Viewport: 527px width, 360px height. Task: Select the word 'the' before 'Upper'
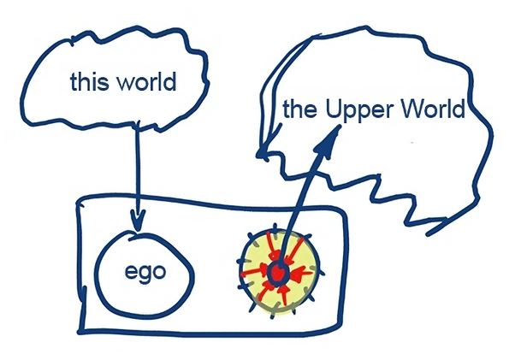(x=297, y=111)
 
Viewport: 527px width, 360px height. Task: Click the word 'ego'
(x=144, y=274)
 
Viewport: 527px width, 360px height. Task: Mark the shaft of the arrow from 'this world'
(x=136, y=171)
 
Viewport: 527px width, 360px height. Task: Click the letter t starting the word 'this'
(x=74, y=84)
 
